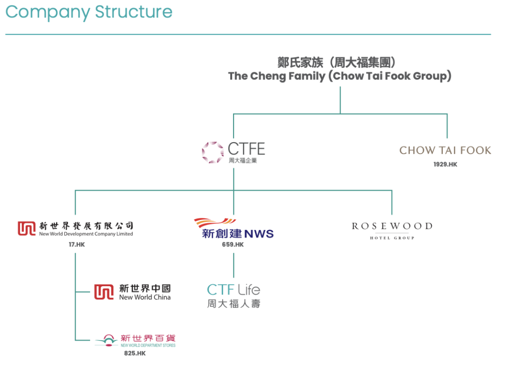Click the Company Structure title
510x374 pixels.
click(x=89, y=11)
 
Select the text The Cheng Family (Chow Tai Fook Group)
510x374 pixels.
click(x=340, y=76)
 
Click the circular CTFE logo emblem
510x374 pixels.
click(x=213, y=152)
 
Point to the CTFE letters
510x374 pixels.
click(x=246, y=149)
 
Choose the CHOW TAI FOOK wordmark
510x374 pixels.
click(x=445, y=150)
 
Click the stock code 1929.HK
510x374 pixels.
click(x=445, y=165)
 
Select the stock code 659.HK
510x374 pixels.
click(x=233, y=245)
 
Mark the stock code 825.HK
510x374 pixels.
click(x=135, y=353)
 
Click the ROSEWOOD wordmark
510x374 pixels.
click(x=392, y=226)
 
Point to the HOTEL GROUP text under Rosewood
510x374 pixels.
click(x=392, y=238)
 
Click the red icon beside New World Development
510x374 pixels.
click(x=27, y=228)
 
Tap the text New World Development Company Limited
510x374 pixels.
click(x=86, y=234)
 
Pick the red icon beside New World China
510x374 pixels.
click(x=104, y=292)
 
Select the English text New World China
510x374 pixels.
click(x=145, y=297)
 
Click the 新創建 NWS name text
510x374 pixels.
click(x=238, y=233)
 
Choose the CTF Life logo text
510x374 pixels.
click(x=233, y=289)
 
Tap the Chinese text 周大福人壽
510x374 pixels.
click(x=233, y=303)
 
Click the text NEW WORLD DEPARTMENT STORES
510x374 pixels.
click(x=148, y=345)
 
